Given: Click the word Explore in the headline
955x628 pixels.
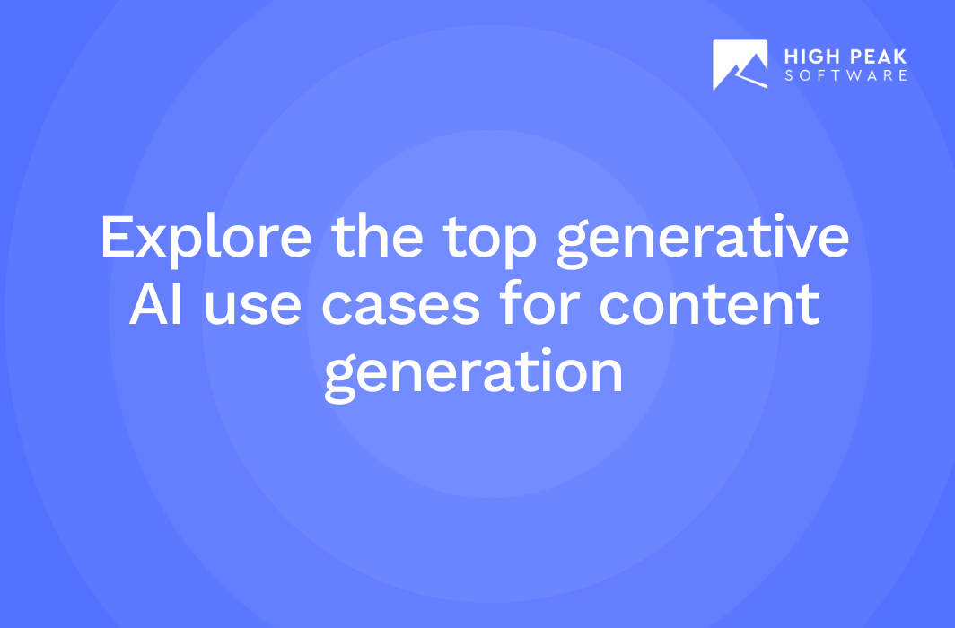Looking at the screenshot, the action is click(206, 240).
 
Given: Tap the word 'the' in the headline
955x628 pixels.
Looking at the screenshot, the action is click(377, 236).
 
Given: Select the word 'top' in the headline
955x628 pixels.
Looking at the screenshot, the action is click(490, 241).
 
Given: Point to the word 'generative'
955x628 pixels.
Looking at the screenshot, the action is click(703, 241).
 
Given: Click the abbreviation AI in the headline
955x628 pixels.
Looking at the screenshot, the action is click(156, 303).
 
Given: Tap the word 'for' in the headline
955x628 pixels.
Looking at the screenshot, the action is click(539, 302).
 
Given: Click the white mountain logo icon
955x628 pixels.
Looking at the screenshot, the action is click(740, 65).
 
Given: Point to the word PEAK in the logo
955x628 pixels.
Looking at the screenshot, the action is click(876, 57).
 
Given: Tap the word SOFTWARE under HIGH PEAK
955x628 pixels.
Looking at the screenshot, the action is click(846, 75).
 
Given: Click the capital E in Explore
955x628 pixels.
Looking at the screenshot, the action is click(117, 238).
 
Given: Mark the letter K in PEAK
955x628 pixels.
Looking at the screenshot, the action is click(900, 57).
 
